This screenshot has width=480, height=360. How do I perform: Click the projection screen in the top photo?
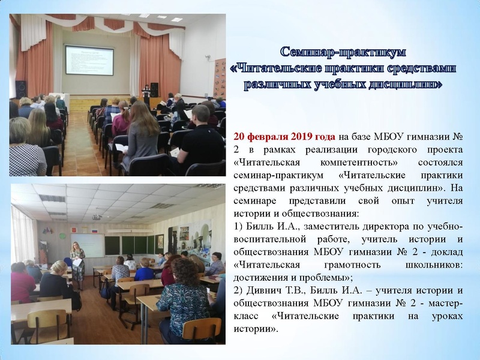[89, 60]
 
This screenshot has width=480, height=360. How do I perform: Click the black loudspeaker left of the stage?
[21, 89]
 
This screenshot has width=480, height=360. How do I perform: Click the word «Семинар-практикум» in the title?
[343, 52]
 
